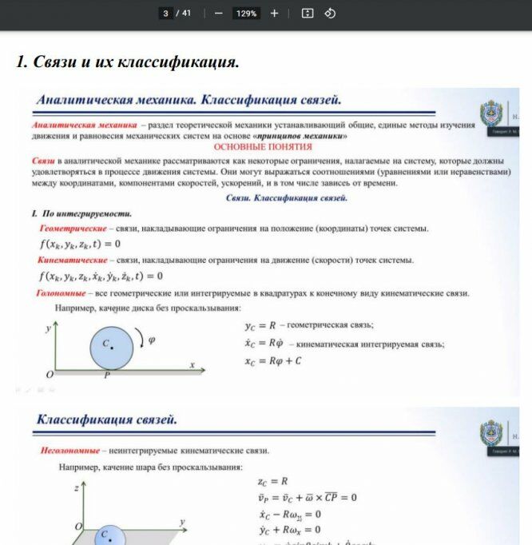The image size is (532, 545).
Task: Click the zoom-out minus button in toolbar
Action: tap(218, 14)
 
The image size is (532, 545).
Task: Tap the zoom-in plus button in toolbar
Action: tap(274, 14)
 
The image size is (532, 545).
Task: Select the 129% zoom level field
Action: tap(246, 14)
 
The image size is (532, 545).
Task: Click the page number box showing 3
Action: tap(165, 14)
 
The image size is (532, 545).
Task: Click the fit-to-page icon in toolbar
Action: tap(308, 14)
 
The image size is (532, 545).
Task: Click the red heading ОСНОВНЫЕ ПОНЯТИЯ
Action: tap(263, 147)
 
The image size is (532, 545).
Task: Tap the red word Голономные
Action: tap(56, 293)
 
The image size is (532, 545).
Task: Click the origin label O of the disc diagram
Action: tap(50, 374)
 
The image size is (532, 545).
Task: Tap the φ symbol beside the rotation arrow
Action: tap(152, 340)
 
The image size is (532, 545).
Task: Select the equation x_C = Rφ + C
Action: tap(273, 361)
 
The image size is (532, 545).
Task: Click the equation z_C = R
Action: tap(272, 482)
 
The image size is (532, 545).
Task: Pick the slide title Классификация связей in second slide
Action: tap(107, 420)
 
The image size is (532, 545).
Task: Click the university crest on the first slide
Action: tap(490, 114)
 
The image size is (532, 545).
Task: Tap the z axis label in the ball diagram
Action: tap(75, 487)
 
